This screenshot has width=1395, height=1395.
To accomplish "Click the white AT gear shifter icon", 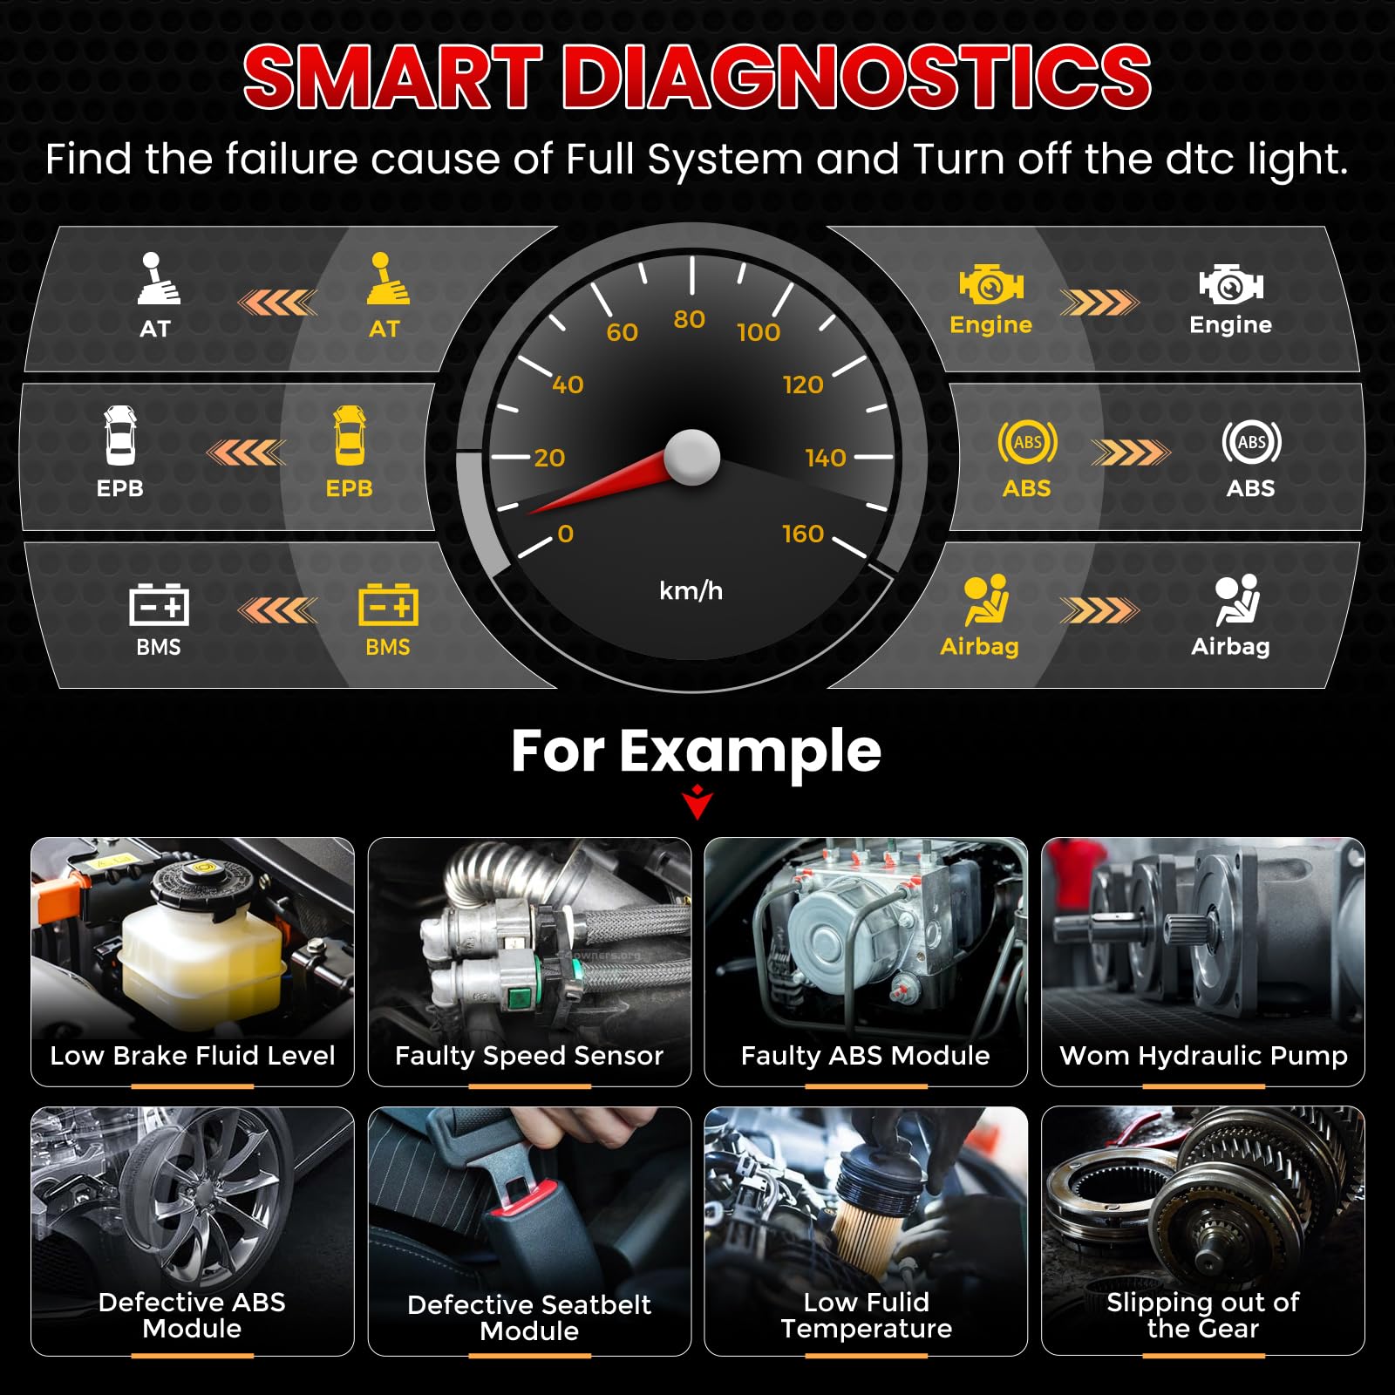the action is point(158,278).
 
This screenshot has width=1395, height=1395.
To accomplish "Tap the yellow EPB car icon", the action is point(350,436).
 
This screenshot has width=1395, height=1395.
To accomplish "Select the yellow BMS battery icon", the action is point(388,605).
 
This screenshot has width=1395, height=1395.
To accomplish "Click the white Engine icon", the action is point(1231,284).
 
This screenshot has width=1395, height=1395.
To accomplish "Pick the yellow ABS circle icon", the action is point(1028,442).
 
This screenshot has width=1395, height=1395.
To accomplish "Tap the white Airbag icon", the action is point(1237,600).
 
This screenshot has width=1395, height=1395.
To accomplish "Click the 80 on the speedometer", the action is point(689,319).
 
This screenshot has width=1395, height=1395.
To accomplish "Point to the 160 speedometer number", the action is point(803,534).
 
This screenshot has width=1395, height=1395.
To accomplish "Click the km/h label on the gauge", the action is point(691,590).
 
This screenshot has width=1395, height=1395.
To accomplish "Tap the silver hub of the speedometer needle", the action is point(692,457).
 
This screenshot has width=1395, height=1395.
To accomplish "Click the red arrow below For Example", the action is point(697,802).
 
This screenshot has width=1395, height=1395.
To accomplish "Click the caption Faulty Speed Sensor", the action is point(529,1056).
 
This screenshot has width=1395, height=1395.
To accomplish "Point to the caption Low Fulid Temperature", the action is point(867,1316).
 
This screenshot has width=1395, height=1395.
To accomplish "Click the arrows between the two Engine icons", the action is point(1099,303).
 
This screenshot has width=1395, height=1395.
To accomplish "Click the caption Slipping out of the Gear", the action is point(1203,1316).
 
